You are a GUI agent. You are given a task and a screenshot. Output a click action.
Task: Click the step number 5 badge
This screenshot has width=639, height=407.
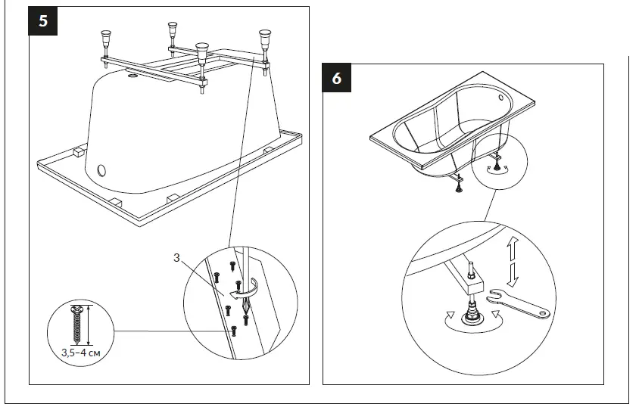pyautogui.click(x=43, y=20)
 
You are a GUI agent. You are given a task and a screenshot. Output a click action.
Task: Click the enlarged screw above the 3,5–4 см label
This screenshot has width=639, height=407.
pyautogui.click(x=76, y=325)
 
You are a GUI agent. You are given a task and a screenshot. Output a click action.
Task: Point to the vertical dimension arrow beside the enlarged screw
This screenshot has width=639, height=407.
pyautogui.click(x=90, y=325)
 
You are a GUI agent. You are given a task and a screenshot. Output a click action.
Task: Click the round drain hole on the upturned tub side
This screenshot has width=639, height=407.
pyautogui.click(x=102, y=167)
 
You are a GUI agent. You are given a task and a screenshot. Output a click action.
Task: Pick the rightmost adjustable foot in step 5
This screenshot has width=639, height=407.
pyautogui.click(x=265, y=39)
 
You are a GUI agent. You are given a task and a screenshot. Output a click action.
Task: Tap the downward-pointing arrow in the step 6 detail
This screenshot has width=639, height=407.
pyautogui.click(x=513, y=274)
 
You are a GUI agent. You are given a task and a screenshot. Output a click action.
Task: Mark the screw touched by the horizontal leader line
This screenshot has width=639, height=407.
pyautogui.click(x=234, y=330)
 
